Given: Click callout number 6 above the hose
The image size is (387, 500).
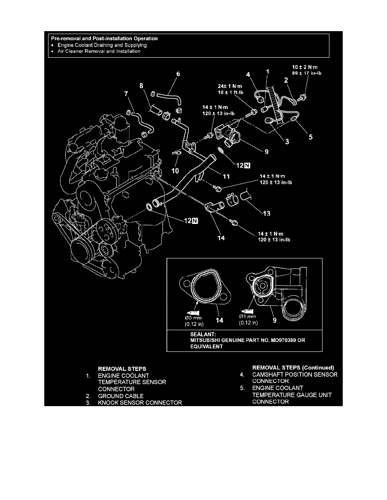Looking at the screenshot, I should pyautogui.click(x=178, y=74).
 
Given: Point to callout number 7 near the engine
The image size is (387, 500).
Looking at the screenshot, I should pyautogui.click(x=127, y=94).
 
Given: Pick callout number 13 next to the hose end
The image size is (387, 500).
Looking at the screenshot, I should pyautogui.click(x=266, y=214).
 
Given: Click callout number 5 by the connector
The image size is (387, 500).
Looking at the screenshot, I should pyautogui.click(x=311, y=136).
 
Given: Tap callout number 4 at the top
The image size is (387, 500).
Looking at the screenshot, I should pyautogui.click(x=249, y=75).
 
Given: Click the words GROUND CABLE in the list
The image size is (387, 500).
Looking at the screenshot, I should pyautogui.click(x=121, y=396).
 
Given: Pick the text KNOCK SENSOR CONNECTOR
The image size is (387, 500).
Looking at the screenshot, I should pyautogui.click(x=140, y=403).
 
